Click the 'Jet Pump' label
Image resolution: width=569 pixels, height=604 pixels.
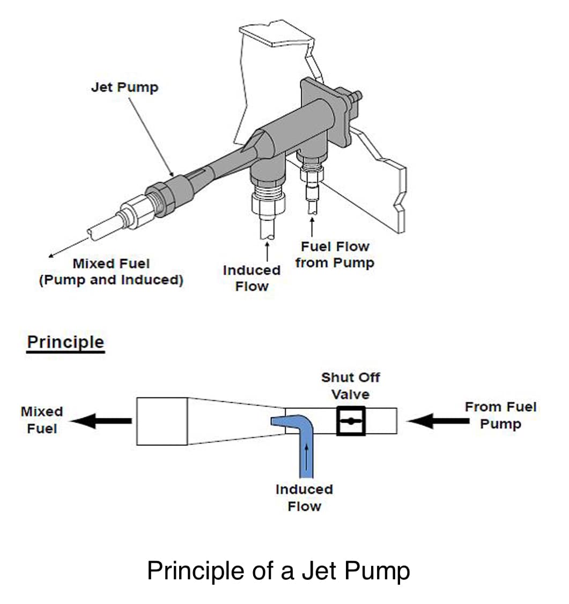pyautogui.click(x=124, y=87)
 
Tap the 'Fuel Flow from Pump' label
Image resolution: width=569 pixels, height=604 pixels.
pyautogui.click(x=335, y=254)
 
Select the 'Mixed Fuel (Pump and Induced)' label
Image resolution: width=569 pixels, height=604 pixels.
pyautogui.click(x=111, y=271)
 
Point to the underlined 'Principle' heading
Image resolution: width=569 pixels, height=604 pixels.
pyautogui.click(x=65, y=342)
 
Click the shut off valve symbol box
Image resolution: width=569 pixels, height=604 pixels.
pyautogui.click(x=351, y=421)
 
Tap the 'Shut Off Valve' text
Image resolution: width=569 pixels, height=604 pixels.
pyautogui.click(x=351, y=386)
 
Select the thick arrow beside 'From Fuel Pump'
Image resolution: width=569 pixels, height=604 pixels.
pyautogui.click(x=438, y=421)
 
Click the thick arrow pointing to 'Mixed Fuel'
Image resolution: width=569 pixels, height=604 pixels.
pyautogui.click(x=101, y=421)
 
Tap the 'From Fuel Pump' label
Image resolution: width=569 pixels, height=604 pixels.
pyautogui.click(x=500, y=415)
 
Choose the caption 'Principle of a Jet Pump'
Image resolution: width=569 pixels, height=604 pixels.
pyautogui.click(x=278, y=571)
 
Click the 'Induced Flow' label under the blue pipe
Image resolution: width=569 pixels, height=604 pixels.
pyautogui.click(x=304, y=498)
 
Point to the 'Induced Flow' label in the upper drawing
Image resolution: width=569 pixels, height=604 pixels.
pyautogui.click(x=252, y=278)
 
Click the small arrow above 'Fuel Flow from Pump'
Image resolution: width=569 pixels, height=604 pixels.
pyautogui.click(x=312, y=227)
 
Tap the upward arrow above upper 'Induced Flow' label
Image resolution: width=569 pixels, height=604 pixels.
pyautogui.click(x=267, y=252)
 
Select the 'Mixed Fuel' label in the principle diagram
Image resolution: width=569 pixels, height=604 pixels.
pyautogui.click(x=42, y=420)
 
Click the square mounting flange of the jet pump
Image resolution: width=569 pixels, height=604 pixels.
pyautogui.click(x=325, y=111)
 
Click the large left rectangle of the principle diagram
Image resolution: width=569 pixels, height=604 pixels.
pyautogui.click(x=162, y=422)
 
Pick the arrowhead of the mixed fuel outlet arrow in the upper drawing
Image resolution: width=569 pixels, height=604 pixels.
pyautogui.click(x=50, y=255)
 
